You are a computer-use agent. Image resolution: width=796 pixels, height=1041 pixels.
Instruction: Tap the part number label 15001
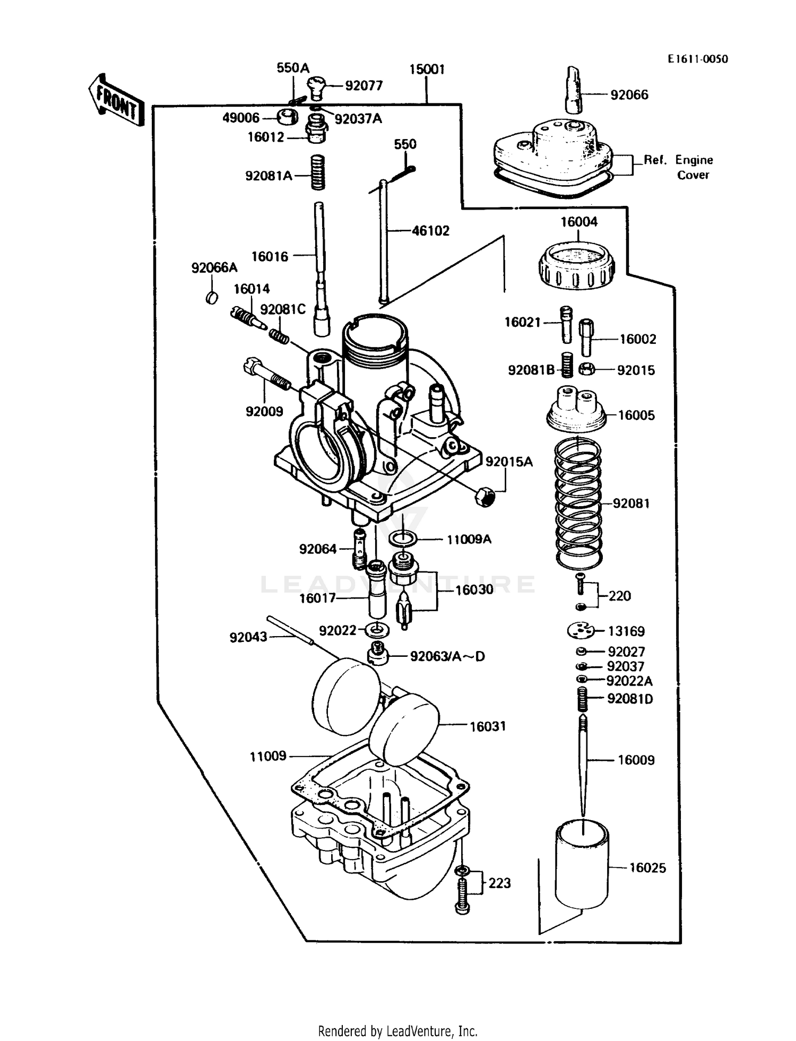coord(427,70)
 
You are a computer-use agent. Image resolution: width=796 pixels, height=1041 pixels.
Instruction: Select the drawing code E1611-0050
coord(697,59)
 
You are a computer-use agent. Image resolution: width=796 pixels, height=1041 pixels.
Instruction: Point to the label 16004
coord(579,222)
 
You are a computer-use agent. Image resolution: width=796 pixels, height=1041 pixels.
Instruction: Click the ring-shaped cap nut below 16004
coord(577,265)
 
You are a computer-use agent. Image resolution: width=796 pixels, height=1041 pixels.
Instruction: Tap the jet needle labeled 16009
coord(583,764)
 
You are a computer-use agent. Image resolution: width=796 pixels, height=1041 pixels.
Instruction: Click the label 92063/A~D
coord(447,656)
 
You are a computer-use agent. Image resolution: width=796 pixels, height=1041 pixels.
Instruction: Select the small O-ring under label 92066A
coord(212,298)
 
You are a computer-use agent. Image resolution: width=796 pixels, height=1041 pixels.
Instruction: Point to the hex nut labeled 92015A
coord(483,497)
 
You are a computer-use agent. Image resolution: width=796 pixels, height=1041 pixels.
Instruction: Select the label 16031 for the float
coord(487,726)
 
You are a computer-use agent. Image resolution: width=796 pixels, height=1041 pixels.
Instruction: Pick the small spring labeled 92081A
coord(317,173)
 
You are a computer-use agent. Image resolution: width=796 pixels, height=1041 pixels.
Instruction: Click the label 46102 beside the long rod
coord(430,231)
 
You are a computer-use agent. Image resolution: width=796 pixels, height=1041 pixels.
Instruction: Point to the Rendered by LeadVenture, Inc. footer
coord(397,1031)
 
